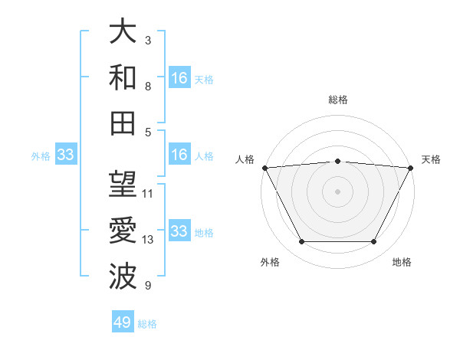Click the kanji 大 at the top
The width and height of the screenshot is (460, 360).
(x=123, y=33)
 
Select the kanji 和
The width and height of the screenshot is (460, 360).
(x=123, y=78)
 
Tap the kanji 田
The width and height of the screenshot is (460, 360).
(x=123, y=123)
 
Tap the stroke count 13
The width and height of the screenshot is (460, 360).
(x=148, y=240)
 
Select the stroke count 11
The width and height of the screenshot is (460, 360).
(x=148, y=193)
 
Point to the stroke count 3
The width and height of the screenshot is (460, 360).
(x=148, y=40)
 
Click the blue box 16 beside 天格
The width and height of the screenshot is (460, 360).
(x=179, y=77)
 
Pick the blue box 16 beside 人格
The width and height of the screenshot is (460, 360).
(x=179, y=155)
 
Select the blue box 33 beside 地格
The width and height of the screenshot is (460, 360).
(x=179, y=231)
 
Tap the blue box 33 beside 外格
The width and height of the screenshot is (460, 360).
(x=65, y=155)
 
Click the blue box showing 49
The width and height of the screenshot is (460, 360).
(x=123, y=322)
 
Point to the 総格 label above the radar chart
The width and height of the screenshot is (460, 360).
(x=338, y=100)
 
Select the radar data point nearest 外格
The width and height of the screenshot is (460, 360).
(x=301, y=242)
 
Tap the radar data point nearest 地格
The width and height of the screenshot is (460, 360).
(x=374, y=242)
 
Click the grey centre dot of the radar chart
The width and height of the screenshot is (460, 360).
(x=338, y=191)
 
